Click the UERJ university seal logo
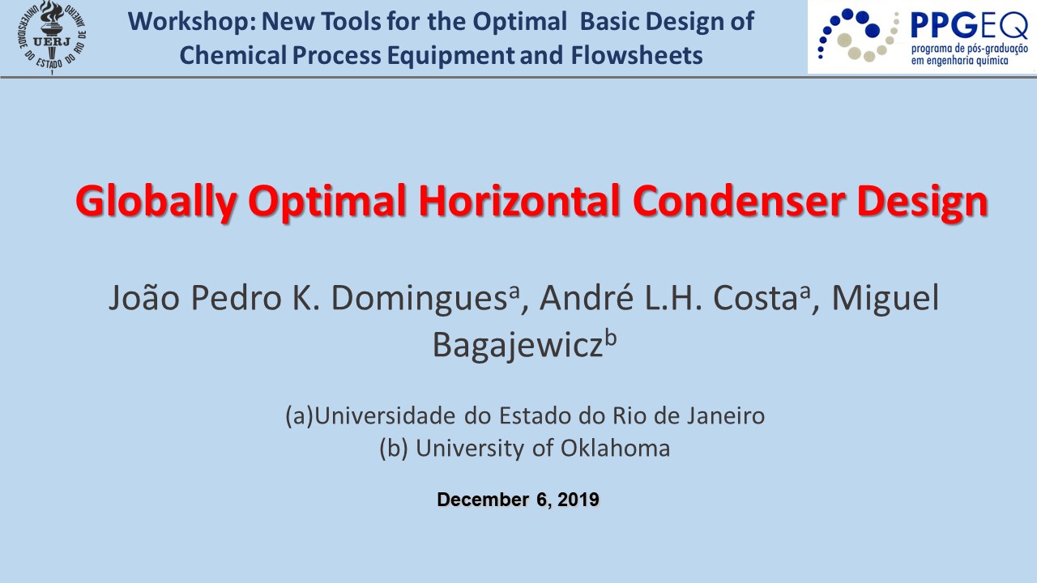52,37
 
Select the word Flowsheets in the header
637,55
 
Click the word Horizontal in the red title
519,201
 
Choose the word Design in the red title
923,202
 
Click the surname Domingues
419,298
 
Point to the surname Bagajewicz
518,345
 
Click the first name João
144,297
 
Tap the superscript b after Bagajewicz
611,338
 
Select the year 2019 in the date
578,500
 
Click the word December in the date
483,500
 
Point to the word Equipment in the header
450,56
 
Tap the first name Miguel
886,298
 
